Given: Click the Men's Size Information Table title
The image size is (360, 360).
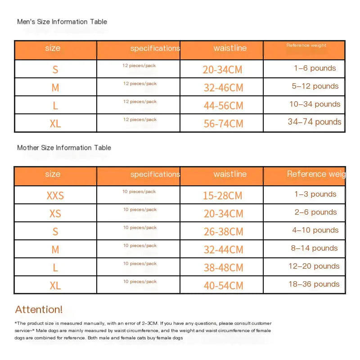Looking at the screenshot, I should coord(62,22).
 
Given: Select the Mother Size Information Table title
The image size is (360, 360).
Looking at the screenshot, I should coord(64,148).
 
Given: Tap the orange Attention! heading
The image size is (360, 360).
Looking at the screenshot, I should coord(39,310).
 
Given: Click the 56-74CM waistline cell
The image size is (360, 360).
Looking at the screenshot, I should coord(223,123).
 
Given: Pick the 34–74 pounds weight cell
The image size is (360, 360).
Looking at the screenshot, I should coord(315,122).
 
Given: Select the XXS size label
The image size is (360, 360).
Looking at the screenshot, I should coord(55,196).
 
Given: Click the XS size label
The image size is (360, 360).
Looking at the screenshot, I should coord(55,214).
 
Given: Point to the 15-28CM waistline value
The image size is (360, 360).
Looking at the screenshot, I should coord(222,196).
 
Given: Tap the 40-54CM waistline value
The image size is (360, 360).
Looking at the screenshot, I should coord(223,285).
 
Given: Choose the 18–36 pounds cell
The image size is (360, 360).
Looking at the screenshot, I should coord(314,284).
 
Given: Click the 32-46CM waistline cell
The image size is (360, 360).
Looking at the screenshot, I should coord(223,87).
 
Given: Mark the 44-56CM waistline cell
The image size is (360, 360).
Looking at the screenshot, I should coord(223,105).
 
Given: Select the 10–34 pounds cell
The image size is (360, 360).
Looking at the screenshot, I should coord(315,104).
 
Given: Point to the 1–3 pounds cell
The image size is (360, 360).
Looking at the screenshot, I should coord(315,194).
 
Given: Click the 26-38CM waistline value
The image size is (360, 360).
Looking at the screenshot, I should coord(223,232).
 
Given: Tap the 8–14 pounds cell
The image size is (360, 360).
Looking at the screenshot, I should coord(314,248).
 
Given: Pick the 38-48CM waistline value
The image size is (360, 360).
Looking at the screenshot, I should coord(223,267).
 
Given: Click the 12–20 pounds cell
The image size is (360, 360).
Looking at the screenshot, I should coord(314,266).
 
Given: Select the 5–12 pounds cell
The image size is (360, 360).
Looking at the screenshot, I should coord(315,86).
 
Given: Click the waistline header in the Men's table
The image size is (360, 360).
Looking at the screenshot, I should coord(230,48).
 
